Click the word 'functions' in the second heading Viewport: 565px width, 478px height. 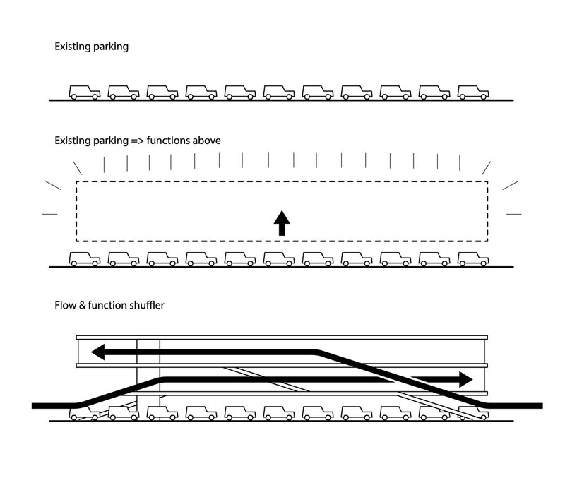169,141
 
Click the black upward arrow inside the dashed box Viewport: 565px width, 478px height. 281,223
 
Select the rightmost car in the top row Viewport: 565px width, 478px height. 473,92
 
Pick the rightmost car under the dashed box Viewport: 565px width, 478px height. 473,258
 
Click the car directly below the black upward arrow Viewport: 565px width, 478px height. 279,258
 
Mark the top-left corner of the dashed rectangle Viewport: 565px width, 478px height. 76,183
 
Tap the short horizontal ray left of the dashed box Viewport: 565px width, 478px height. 49,213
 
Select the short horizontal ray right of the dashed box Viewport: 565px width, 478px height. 514,213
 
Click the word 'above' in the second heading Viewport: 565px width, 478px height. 207,141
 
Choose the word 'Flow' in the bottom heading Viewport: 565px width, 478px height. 65,306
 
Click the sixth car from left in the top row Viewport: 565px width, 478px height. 279,92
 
